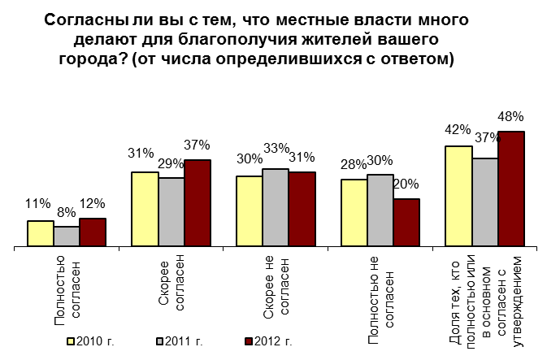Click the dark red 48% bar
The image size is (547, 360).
click(x=511, y=189)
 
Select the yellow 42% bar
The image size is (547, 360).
click(x=459, y=196)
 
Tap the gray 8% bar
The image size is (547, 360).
click(x=67, y=236)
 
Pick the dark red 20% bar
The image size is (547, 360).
click(x=406, y=222)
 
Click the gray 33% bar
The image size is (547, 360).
click(x=276, y=207)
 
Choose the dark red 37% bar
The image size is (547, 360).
click(x=198, y=202)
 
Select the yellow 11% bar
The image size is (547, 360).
click(x=41, y=233)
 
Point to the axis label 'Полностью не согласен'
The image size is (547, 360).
click(x=380, y=288)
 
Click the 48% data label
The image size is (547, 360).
click(x=511, y=116)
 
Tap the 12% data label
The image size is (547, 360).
click(x=92, y=204)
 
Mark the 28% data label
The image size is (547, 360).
click(x=354, y=164)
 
